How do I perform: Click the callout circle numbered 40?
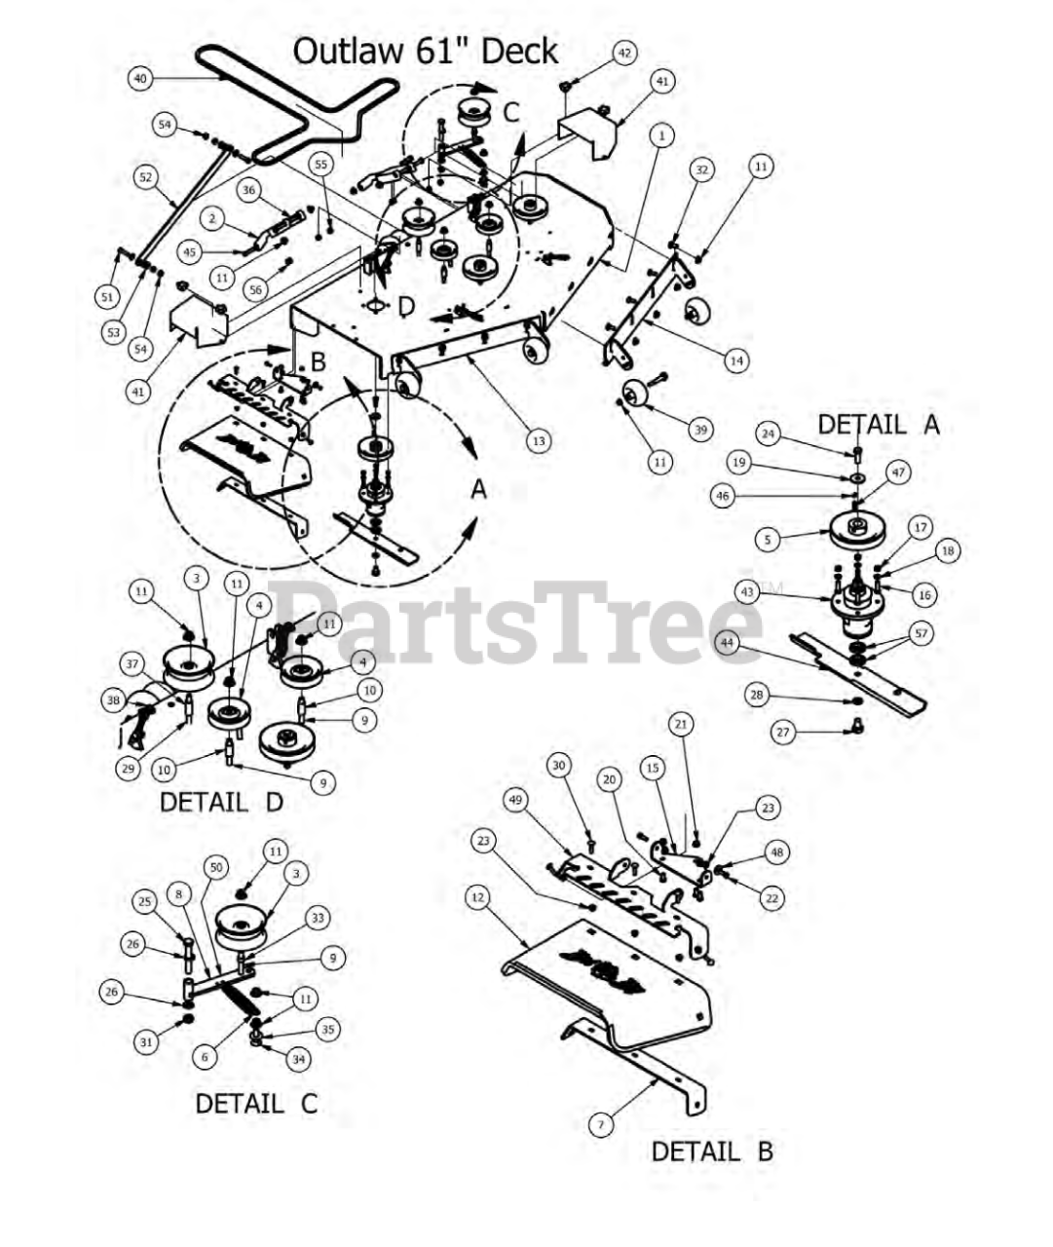coord(140,78)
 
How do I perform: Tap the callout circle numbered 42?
coord(624,54)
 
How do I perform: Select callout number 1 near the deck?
coord(661,135)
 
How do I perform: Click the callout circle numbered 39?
coord(700,430)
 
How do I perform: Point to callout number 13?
coord(539,440)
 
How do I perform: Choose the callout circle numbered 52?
coord(146,176)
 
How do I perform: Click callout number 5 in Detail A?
coord(768,540)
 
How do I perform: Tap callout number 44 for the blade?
coord(727,643)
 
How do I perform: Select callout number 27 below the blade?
coord(783,733)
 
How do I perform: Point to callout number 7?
coord(601,1125)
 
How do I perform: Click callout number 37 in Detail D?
coord(132,663)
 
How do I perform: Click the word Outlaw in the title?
coord(348,51)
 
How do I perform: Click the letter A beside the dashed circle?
coord(479,489)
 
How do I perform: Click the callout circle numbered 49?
coord(516,800)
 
